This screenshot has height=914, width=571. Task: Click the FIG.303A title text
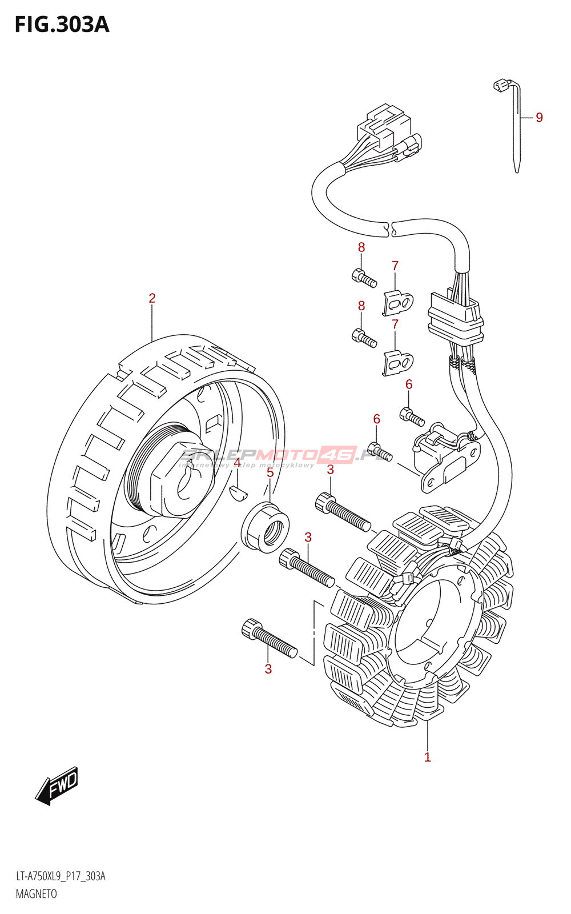pyautogui.click(x=62, y=25)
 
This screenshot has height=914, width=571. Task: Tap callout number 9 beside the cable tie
pyautogui.click(x=539, y=118)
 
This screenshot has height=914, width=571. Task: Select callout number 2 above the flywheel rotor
pyautogui.click(x=152, y=298)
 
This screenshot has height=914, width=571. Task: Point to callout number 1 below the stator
pyautogui.click(x=427, y=757)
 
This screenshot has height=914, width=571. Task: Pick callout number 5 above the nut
pyautogui.click(x=270, y=472)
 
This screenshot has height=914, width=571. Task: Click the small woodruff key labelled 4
pyautogui.click(x=238, y=492)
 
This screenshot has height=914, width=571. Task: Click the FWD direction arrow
pyautogui.click(x=58, y=785)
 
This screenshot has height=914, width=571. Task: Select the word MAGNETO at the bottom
pyautogui.click(x=36, y=894)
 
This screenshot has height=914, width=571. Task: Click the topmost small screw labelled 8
pyautogui.click(x=364, y=278)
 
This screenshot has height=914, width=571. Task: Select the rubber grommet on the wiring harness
pyautogui.click(x=455, y=323)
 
